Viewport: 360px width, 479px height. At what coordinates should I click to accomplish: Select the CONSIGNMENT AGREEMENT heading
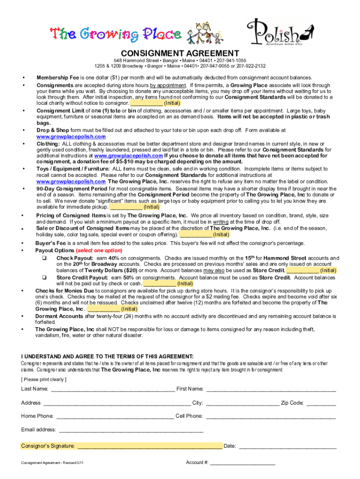[180, 53]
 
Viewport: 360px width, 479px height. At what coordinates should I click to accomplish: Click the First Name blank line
[271, 389]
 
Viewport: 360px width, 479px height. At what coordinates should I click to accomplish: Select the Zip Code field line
[321, 403]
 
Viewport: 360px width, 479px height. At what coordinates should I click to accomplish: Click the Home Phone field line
[115, 416]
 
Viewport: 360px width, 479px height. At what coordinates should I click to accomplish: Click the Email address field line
[131, 430]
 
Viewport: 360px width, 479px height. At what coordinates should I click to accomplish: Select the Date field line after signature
[287, 446]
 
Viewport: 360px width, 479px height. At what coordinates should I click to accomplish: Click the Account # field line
[243, 463]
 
